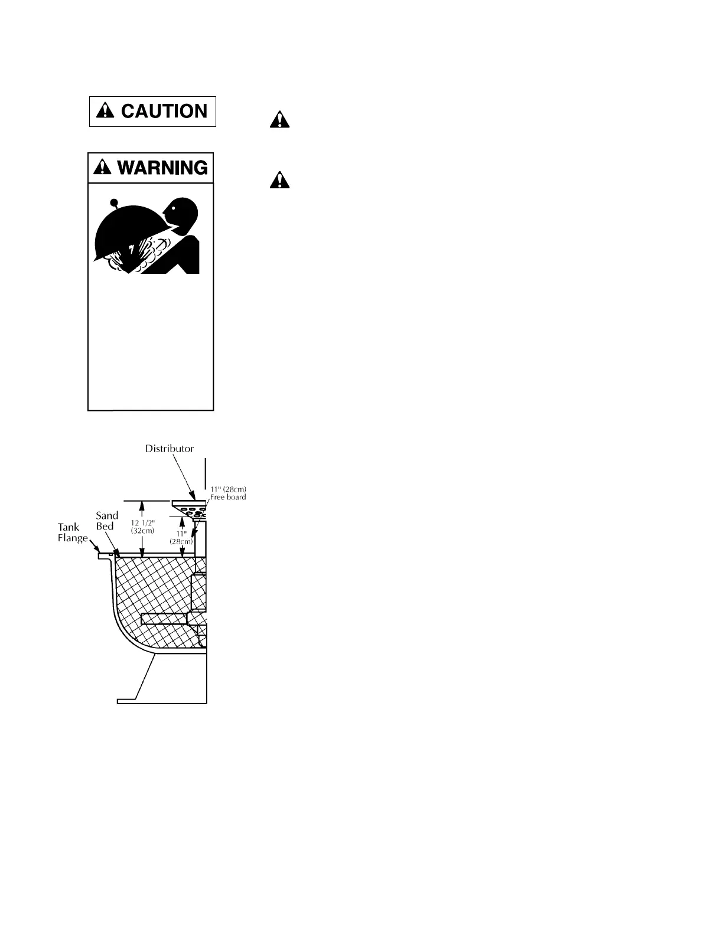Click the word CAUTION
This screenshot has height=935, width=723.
(164, 112)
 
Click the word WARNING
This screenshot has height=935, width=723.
(162, 168)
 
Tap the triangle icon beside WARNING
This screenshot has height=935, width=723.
(103, 168)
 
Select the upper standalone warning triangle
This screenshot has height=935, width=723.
(279, 120)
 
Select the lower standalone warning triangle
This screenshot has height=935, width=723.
(279, 179)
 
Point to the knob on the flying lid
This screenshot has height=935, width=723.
(114, 202)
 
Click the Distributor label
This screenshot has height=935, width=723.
(170, 449)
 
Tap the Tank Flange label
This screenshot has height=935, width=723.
(72, 533)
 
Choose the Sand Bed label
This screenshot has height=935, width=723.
(106, 521)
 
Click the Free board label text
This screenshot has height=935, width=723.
(228, 497)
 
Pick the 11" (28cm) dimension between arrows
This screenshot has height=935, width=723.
(182, 537)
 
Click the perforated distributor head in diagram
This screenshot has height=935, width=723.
(191, 509)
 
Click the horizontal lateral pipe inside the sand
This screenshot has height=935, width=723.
(164, 619)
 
